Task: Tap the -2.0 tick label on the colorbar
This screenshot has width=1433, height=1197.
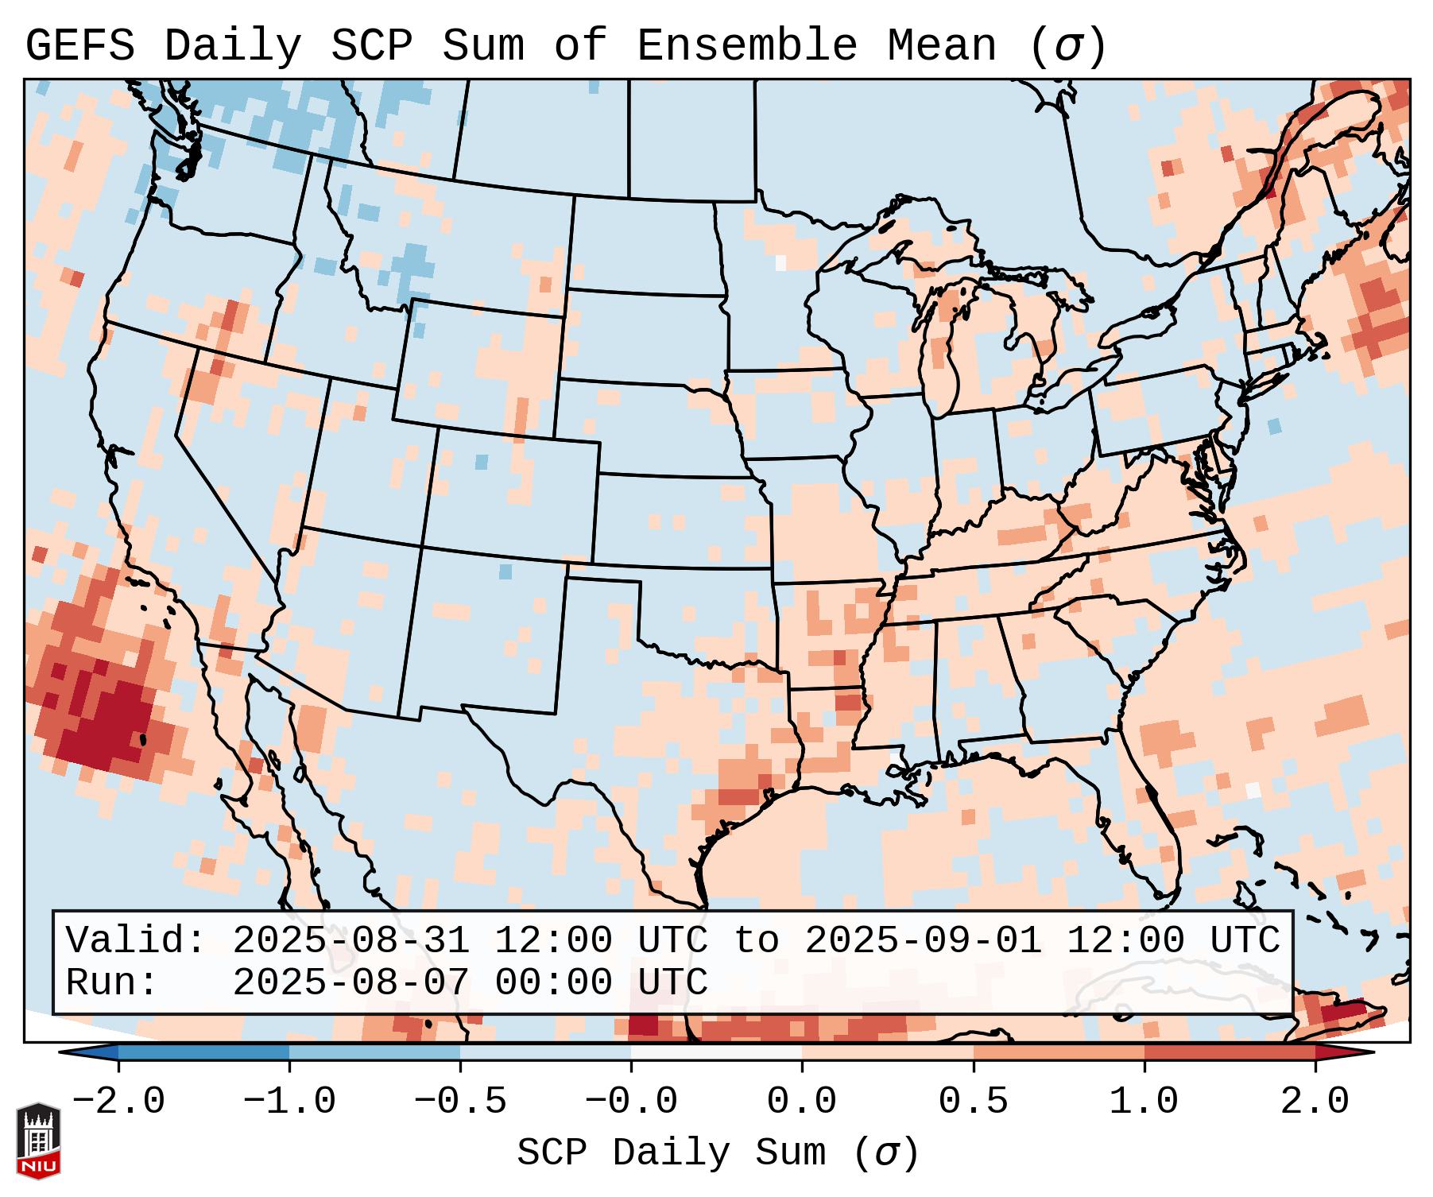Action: [x=118, y=1102]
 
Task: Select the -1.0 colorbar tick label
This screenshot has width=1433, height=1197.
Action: [x=289, y=1102]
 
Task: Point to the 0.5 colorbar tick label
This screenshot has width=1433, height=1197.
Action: [x=973, y=1102]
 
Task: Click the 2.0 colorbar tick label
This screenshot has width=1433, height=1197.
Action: [x=1315, y=1102]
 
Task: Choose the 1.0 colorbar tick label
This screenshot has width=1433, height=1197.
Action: [x=1144, y=1102]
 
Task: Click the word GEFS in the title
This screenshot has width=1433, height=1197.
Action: [x=80, y=45]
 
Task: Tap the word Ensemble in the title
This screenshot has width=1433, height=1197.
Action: [x=746, y=45]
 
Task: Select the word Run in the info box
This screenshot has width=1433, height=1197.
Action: [x=101, y=982]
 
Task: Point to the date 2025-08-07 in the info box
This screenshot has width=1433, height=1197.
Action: [x=351, y=982]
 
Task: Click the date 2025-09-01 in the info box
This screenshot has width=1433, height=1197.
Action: [x=923, y=940]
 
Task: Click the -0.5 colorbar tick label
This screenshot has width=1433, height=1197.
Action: [x=460, y=1102]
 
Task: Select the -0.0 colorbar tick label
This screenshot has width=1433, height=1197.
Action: [x=631, y=1102]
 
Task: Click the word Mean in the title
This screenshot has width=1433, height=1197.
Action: [x=941, y=45]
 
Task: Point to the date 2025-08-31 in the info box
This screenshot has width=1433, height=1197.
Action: [x=351, y=940]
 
